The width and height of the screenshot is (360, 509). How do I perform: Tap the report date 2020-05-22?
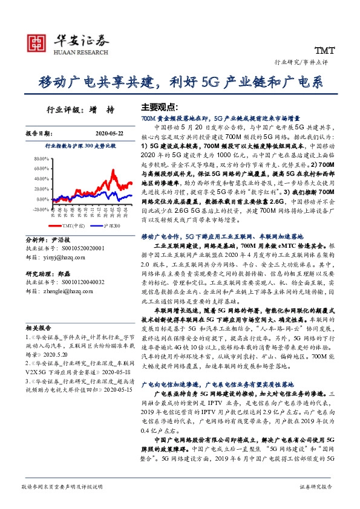pos(109,133)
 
